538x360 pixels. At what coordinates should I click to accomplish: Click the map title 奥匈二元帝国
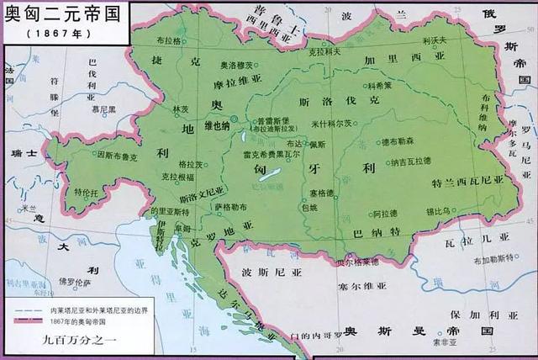[59, 14]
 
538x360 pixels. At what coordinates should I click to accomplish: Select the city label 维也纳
[217, 124]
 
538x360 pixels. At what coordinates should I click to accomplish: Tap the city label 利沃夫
[433, 40]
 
